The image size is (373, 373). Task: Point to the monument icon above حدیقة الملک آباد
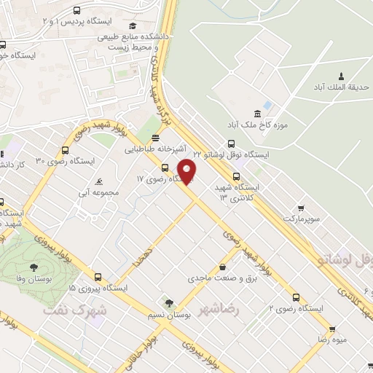click(340, 76)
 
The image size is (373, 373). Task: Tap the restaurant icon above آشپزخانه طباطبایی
click(154, 138)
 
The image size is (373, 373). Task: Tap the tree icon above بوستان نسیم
click(169, 302)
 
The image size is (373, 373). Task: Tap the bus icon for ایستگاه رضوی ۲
click(296, 297)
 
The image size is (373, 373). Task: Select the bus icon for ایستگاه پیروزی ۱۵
click(99, 277)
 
